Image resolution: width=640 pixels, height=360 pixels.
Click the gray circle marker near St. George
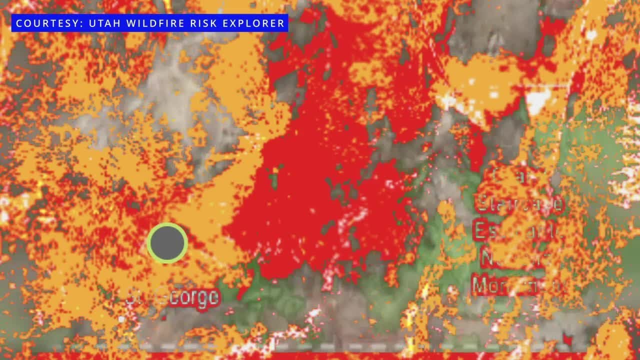tap(167, 243)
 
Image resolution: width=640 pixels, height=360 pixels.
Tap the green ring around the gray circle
tap(167, 225)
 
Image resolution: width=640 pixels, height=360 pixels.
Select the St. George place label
tap(173, 297)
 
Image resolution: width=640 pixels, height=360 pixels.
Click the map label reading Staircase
tap(520, 204)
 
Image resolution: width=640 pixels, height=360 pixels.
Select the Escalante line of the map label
tap(517, 230)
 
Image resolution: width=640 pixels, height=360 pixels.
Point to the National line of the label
tap(515, 258)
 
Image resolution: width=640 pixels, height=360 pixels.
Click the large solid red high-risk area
tap(310, 190)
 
